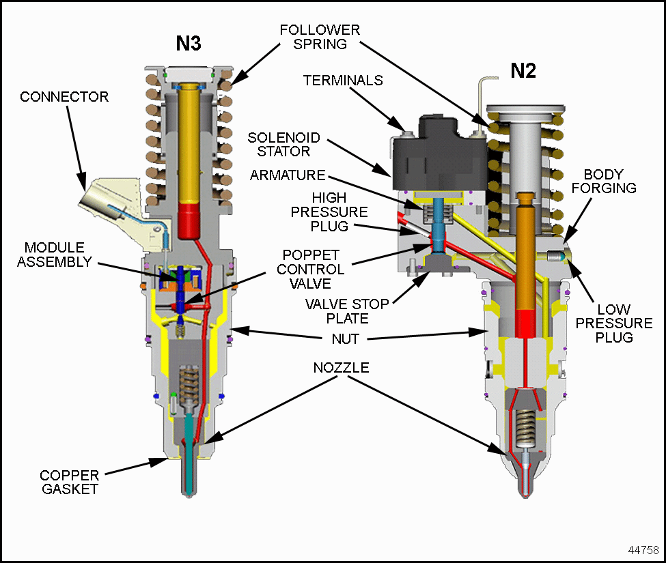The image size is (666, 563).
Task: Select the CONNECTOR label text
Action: pyautogui.click(x=64, y=97)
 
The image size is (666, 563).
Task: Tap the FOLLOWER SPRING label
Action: pyautogui.click(x=320, y=38)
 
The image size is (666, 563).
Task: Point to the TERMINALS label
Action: pyautogui.click(x=343, y=80)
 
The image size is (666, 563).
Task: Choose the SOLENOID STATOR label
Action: pyautogui.click(x=278, y=144)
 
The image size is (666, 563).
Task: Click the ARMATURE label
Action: pyautogui.click(x=286, y=175)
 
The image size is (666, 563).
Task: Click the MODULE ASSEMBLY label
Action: pyautogui.click(x=57, y=254)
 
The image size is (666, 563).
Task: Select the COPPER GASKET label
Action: pyautogui.click(x=69, y=482)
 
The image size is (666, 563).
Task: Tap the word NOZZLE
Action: pyautogui.click(x=342, y=368)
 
